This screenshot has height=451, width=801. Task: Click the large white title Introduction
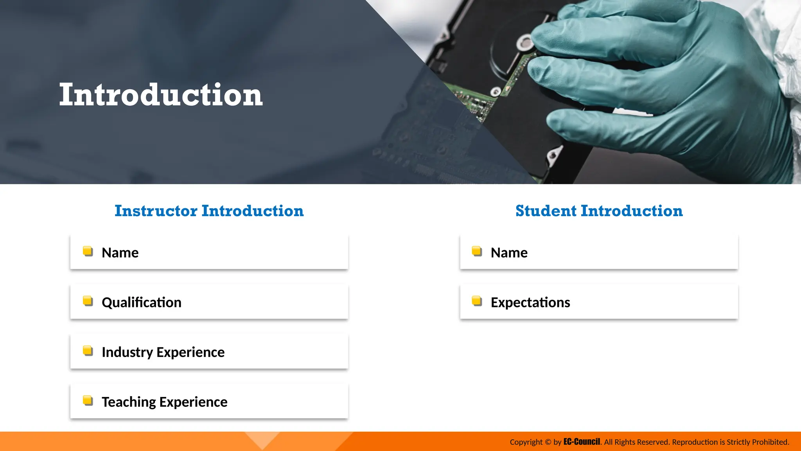coord(161,95)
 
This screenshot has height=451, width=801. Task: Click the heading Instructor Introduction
coord(209,211)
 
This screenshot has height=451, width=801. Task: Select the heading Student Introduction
coord(599,211)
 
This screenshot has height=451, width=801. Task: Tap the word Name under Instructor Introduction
coord(120,253)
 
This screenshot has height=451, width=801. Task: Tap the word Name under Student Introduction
coord(509,253)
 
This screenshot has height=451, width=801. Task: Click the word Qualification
coord(142,303)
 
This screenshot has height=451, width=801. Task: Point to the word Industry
coord(127,352)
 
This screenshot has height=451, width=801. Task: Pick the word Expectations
coord(530,303)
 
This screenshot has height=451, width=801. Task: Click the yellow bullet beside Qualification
coord(88,301)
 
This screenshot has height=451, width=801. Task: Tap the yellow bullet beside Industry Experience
coord(88,351)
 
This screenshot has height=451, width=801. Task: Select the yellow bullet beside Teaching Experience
coord(88,400)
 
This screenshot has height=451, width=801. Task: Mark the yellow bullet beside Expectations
coord(477,301)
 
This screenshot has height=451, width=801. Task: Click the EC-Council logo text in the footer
coord(582,442)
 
